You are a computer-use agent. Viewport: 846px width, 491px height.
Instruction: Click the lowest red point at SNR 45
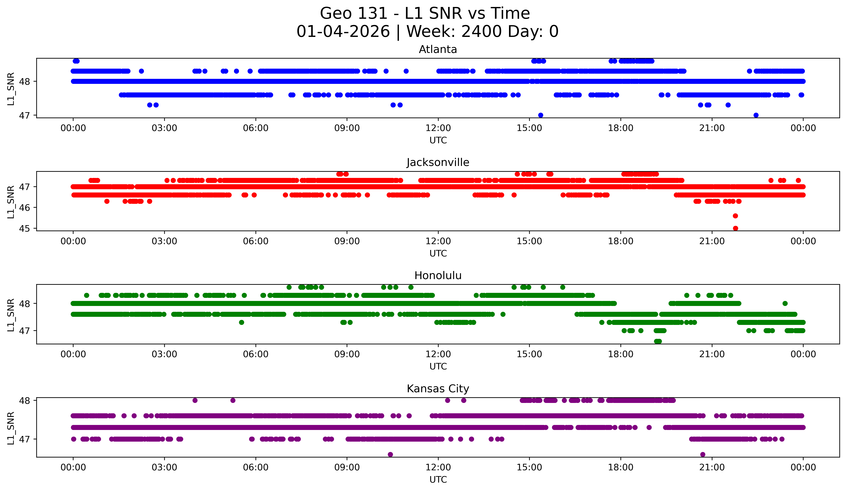click(x=735, y=228)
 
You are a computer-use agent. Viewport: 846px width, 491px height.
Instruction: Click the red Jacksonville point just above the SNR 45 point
click(x=735, y=216)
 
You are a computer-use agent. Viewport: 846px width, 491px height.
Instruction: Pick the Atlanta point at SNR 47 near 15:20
click(x=540, y=115)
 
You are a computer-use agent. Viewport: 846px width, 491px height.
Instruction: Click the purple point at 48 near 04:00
click(x=195, y=400)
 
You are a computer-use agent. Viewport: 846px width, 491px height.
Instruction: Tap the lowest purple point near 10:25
click(x=390, y=454)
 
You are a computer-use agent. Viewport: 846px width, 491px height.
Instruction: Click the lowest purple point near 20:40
click(x=703, y=454)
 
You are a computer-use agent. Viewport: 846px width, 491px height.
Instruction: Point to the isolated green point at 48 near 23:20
click(x=785, y=303)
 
